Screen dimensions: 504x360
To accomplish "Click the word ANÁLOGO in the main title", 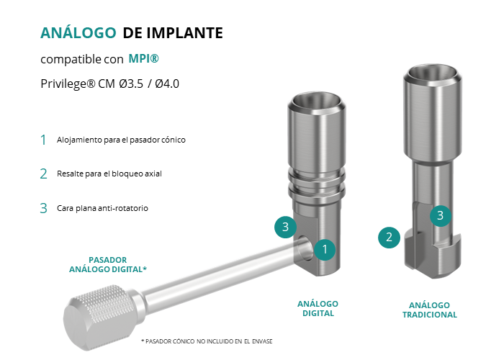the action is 78,32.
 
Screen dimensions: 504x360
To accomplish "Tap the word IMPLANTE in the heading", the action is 184,33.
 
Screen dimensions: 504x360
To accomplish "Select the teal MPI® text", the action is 144,58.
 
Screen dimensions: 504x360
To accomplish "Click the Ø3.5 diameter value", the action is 131,84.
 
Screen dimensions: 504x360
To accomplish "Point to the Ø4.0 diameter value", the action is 167,84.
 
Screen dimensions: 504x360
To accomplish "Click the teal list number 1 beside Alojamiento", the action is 43,140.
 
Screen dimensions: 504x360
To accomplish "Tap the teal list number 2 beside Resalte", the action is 44,174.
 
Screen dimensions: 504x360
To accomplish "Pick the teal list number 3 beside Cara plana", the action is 44,208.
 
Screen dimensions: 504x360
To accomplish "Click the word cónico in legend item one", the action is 174,140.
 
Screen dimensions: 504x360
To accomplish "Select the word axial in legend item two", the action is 153,174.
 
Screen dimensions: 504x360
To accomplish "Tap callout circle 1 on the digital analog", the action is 325,249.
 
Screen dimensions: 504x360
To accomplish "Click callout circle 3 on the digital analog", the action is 285,227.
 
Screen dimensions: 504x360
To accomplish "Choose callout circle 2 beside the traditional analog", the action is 389,238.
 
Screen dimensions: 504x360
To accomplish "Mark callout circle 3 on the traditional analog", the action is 441,215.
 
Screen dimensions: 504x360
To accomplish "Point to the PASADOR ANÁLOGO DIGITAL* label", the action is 108,264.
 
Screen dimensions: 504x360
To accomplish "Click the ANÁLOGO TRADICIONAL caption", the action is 430,310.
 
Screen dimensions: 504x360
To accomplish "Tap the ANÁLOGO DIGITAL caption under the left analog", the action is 318,309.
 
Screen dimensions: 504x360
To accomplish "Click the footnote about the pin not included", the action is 207,341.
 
